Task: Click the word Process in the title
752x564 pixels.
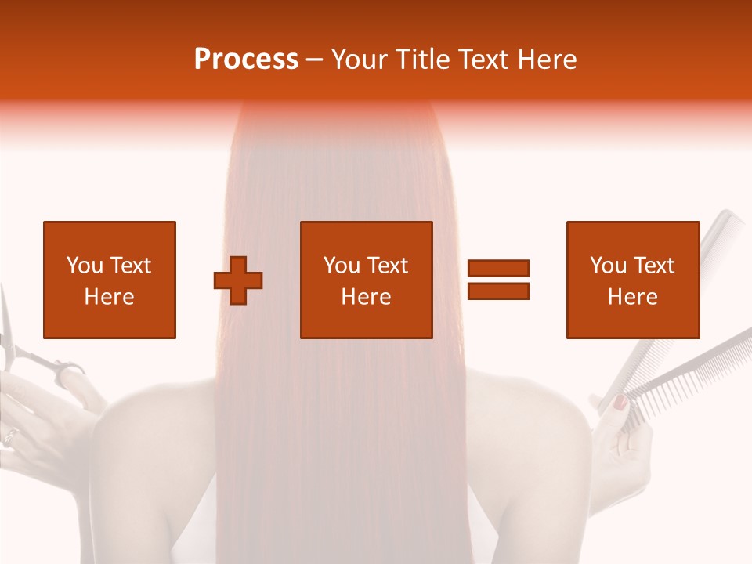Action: pyautogui.click(x=246, y=59)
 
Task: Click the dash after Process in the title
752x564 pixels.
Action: pyautogui.click(x=314, y=60)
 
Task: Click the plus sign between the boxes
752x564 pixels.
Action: pyautogui.click(x=238, y=280)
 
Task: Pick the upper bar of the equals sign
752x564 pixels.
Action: pyautogui.click(x=498, y=269)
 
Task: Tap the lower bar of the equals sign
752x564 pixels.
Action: pyautogui.click(x=498, y=291)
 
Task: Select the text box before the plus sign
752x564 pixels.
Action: pyautogui.click(x=109, y=280)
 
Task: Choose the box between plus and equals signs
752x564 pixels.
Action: pyautogui.click(x=366, y=280)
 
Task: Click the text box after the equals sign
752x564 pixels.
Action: pyautogui.click(x=632, y=280)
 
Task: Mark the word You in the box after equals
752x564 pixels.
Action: pyautogui.click(x=608, y=266)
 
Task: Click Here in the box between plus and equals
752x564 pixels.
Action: pyautogui.click(x=366, y=297)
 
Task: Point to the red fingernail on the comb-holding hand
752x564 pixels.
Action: pyautogui.click(x=620, y=403)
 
